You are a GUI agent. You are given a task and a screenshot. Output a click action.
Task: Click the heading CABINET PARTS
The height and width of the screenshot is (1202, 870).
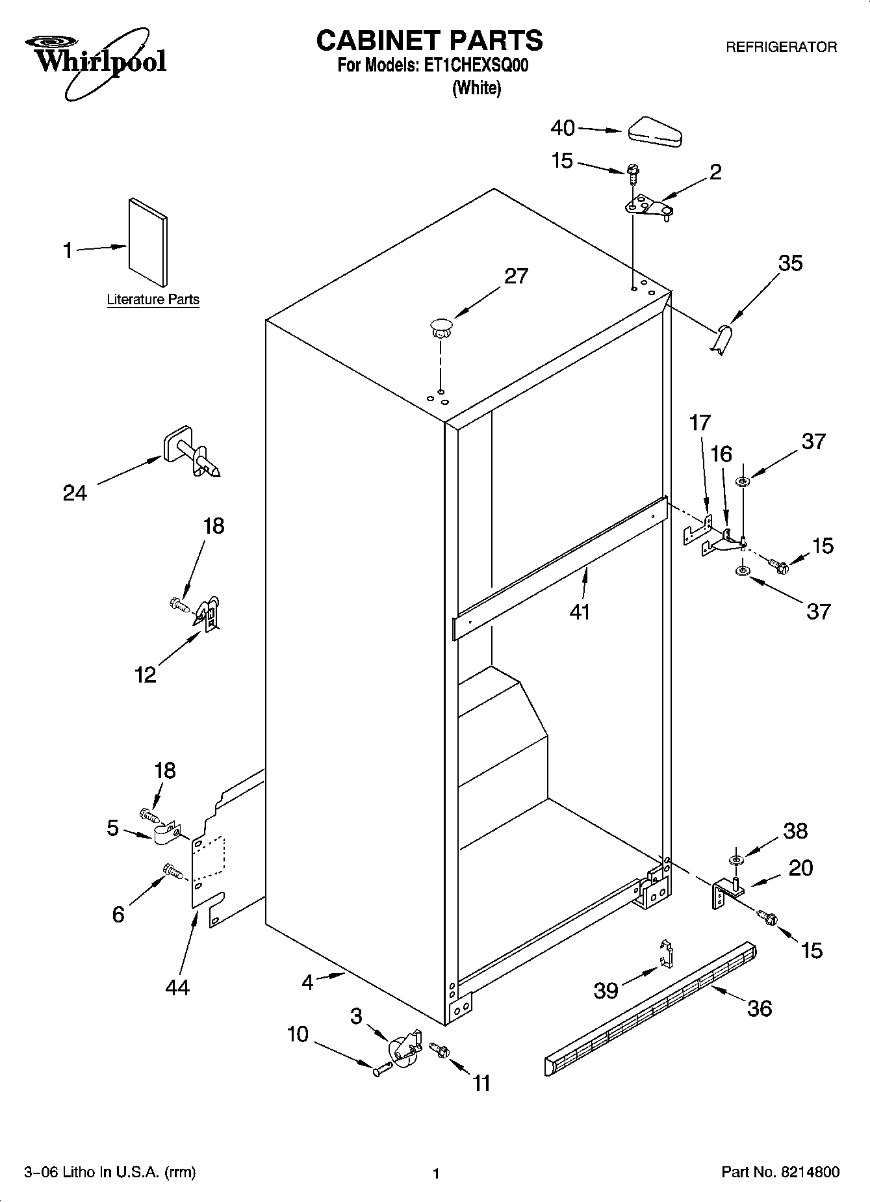[429, 40]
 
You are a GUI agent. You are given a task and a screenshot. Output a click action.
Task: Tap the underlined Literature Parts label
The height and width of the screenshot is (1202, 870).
[153, 300]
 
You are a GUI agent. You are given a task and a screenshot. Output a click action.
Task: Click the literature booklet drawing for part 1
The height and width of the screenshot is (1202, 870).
[147, 241]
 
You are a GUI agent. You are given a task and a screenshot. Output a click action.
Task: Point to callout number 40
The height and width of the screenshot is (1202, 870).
[563, 128]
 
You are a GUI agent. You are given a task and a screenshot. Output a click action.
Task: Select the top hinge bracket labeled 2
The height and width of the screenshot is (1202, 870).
[648, 207]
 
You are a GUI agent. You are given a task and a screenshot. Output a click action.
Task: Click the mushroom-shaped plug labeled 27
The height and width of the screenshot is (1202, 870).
[441, 326]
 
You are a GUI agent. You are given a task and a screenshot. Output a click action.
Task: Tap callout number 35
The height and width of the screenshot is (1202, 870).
[790, 263]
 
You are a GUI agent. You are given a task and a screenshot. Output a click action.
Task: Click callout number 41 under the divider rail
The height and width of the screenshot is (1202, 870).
[579, 611]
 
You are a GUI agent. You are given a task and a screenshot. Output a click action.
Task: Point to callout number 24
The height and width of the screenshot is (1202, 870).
[75, 493]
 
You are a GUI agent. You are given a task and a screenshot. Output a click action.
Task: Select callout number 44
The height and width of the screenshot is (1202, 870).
[177, 987]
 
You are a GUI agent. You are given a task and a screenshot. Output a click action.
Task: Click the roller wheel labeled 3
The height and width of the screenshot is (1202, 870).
[403, 1048]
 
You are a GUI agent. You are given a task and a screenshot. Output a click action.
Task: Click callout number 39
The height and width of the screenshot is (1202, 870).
[606, 990]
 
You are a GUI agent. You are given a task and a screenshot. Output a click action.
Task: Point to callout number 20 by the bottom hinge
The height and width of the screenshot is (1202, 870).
[800, 868]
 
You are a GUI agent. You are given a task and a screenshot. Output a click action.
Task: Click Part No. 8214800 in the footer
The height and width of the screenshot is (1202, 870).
[780, 1172]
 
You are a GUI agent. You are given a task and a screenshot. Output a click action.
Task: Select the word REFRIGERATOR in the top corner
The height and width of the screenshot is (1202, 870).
[780, 47]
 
